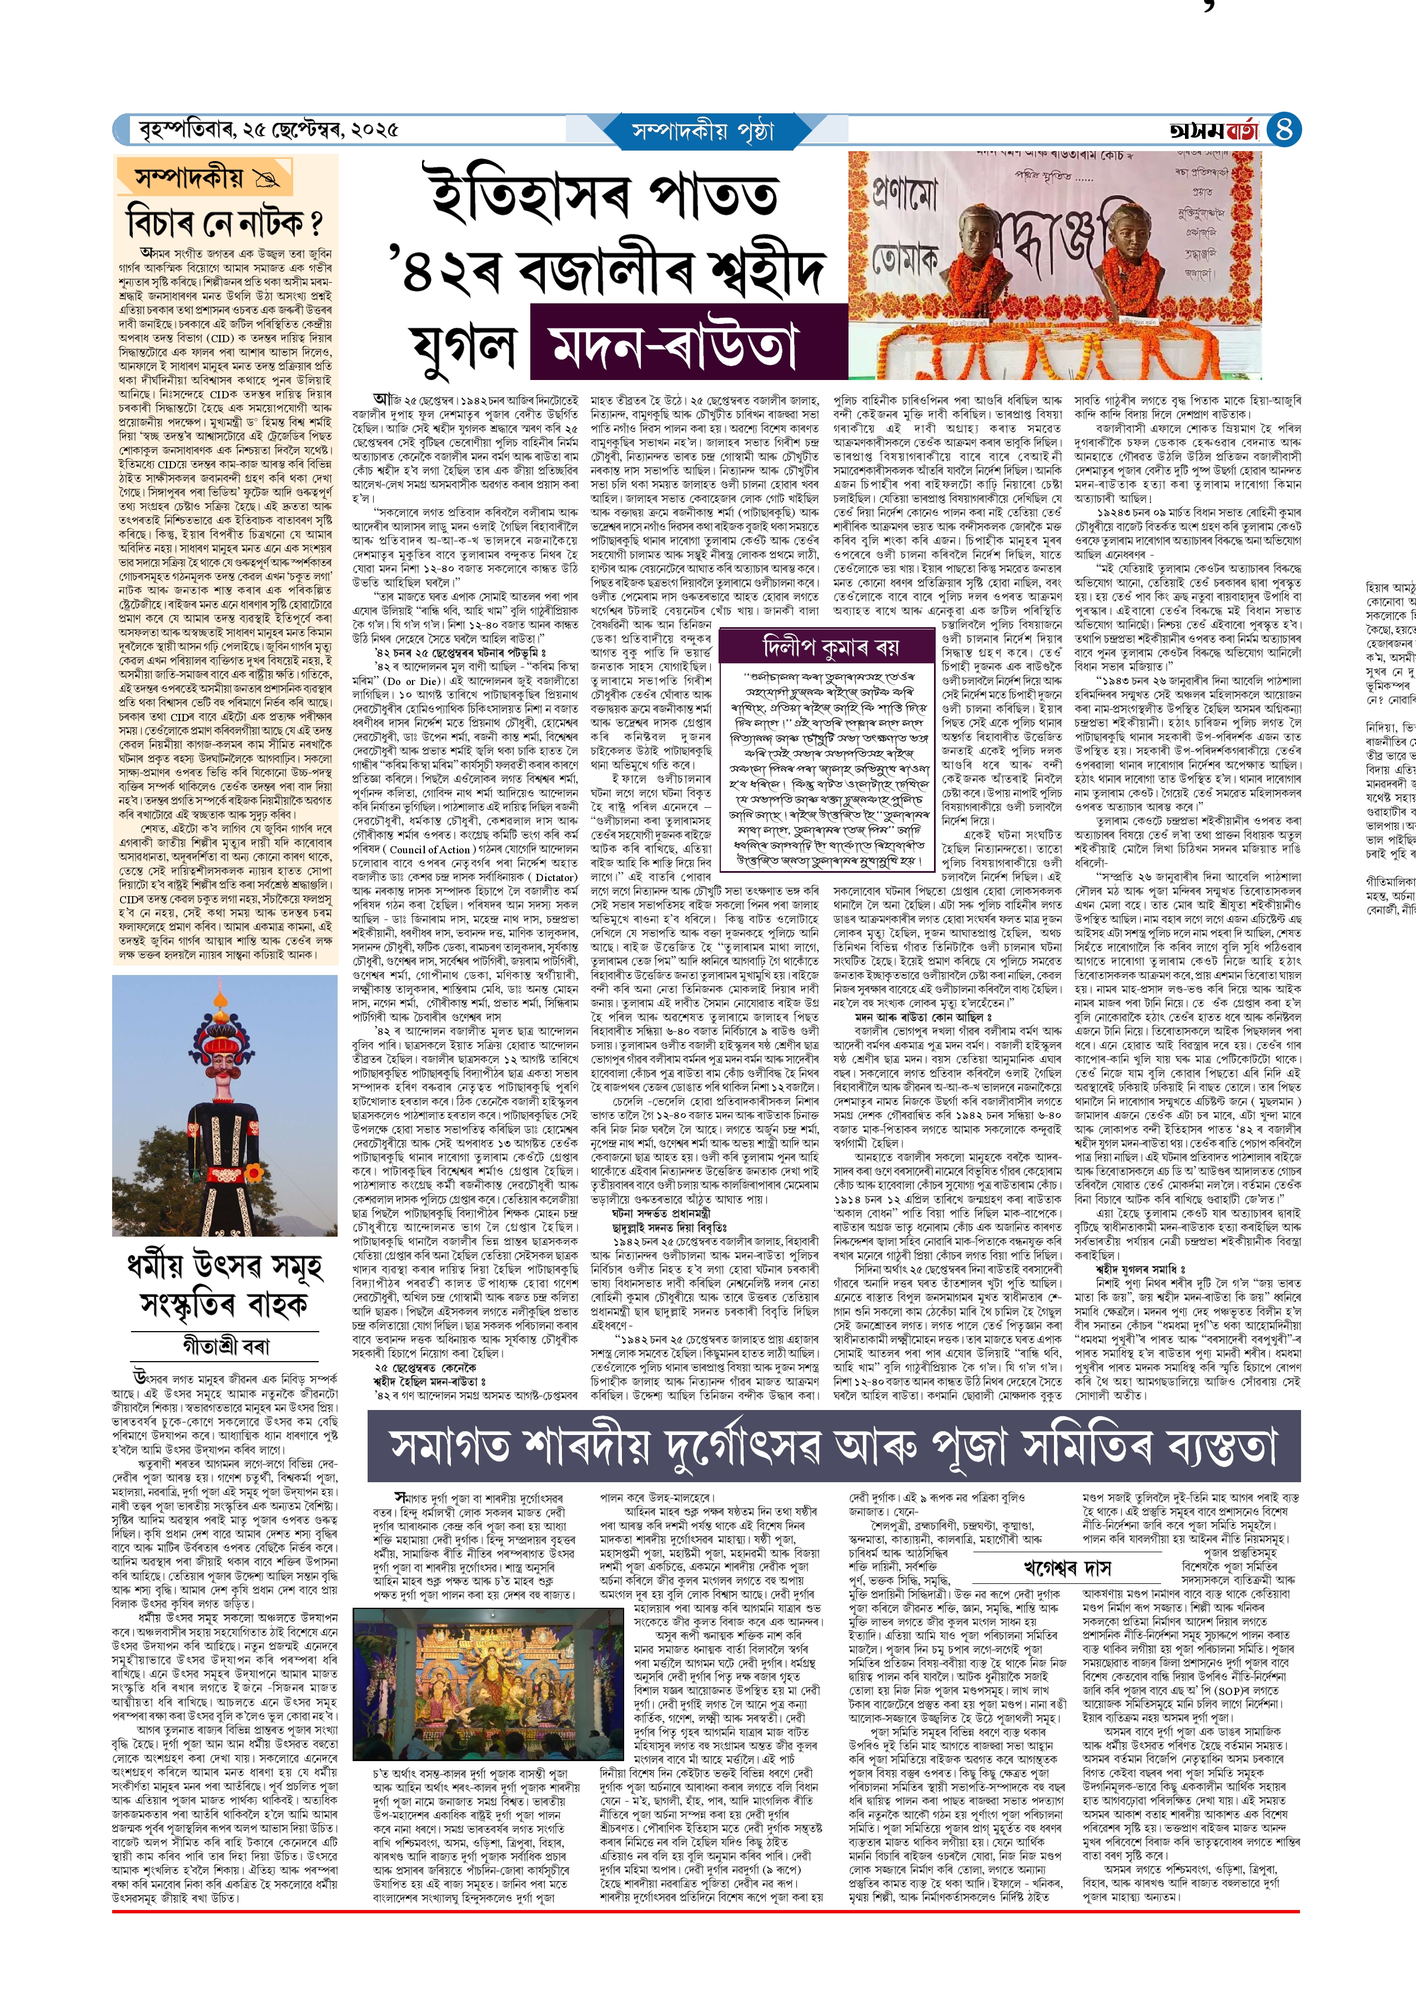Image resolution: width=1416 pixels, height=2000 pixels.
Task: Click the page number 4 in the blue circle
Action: pyautogui.click(x=1284, y=130)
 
